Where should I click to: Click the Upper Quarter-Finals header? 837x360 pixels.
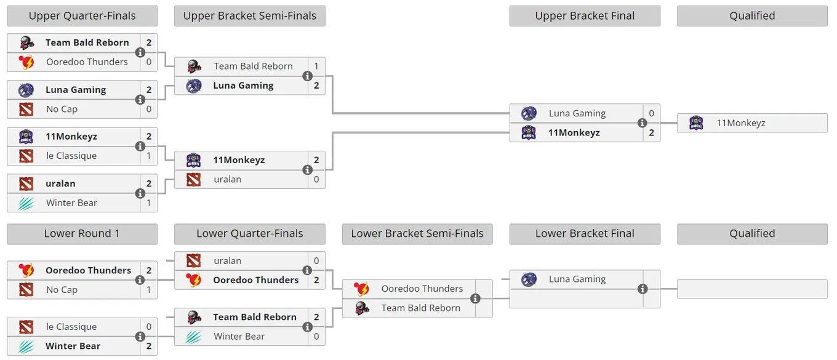tap(82, 15)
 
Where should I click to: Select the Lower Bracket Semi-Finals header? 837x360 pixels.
tap(417, 234)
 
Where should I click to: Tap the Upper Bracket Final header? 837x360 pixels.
tap(585, 15)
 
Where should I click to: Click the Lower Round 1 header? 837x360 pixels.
tap(82, 234)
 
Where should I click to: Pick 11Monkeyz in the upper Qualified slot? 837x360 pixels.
tap(740, 123)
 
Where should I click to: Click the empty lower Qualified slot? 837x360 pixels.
tap(752, 289)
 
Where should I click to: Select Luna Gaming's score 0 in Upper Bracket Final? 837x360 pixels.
tap(651, 113)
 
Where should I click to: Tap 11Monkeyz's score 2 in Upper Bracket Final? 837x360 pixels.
tap(651, 132)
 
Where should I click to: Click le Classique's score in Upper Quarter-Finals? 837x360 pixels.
tap(149, 156)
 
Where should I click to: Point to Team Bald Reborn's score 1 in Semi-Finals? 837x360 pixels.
tap(316, 66)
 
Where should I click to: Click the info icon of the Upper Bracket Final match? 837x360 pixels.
tap(643, 123)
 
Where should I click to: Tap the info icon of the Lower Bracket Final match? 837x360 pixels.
tap(643, 289)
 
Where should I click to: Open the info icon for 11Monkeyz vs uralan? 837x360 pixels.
tap(307, 170)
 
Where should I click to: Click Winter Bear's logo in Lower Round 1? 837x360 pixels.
tap(26, 346)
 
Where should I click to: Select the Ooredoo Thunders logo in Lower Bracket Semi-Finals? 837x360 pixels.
tap(361, 289)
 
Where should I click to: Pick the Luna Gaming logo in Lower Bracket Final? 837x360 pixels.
tap(529, 279)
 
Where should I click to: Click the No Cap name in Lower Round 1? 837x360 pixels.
tap(62, 290)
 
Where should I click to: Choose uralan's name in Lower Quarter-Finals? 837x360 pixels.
tap(227, 261)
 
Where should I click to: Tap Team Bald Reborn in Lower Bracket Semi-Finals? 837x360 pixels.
tap(420, 308)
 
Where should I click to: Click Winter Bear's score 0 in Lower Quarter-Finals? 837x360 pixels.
tap(316, 337)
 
